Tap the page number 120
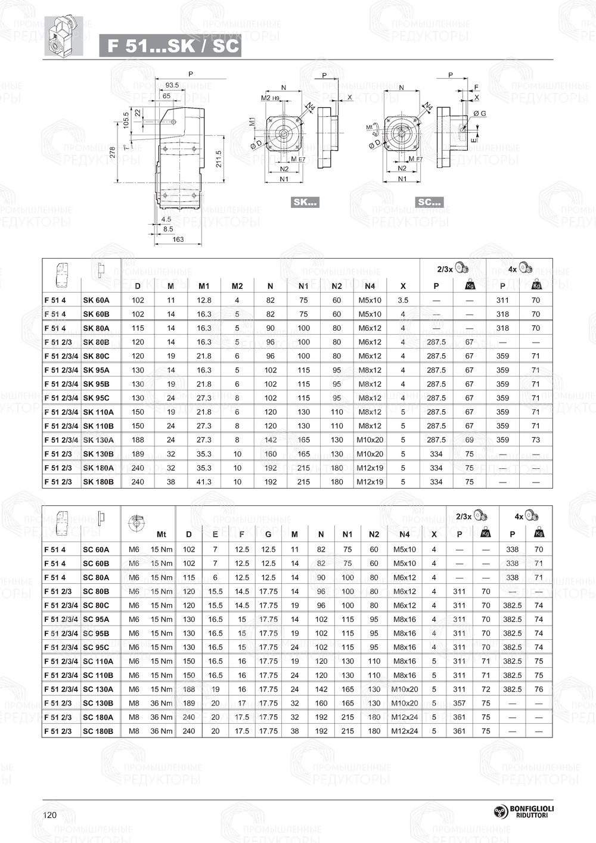point(49,815)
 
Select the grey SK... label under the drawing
point(305,202)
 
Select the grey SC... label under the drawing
point(429,202)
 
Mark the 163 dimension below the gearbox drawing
point(178,239)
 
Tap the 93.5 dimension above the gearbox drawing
point(172,85)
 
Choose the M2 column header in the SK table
point(237,286)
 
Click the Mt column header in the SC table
point(161,534)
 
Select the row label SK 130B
point(98,454)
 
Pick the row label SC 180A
point(98,717)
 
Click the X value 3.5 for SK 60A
point(403,300)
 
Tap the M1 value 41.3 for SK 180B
point(204,482)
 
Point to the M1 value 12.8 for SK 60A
point(204,300)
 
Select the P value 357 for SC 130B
point(459,703)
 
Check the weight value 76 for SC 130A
point(539,689)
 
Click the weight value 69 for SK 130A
point(470,440)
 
